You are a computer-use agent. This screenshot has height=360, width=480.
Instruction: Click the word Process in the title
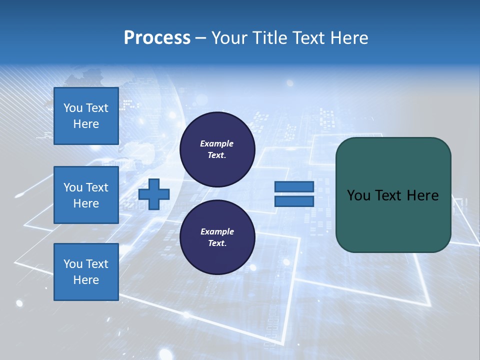click(157, 38)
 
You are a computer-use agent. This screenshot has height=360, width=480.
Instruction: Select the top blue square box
click(86, 116)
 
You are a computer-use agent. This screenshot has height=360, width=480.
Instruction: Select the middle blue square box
click(86, 195)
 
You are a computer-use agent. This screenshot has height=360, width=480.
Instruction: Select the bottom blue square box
click(86, 272)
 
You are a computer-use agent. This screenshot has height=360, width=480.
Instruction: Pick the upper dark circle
click(217, 149)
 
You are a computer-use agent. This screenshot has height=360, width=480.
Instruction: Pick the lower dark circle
click(217, 237)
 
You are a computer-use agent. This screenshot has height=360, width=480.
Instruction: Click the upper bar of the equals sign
click(294, 187)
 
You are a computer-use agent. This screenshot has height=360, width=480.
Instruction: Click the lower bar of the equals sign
click(294, 201)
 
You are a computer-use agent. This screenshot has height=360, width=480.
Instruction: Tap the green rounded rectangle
click(393, 220)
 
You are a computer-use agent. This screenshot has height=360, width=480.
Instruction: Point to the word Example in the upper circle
click(216, 143)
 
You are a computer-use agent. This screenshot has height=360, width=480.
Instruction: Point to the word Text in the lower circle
click(216, 243)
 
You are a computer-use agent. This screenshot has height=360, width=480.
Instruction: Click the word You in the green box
click(358, 195)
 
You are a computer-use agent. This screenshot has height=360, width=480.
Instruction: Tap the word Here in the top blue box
click(86, 124)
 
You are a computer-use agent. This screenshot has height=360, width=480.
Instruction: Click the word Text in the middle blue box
click(97, 187)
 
